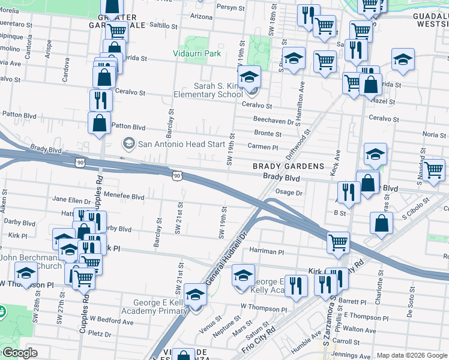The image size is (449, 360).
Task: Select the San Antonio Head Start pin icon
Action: pyautogui.click(x=128, y=143)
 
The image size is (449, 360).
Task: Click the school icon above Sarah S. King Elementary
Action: pyautogui.click(x=249, y=77)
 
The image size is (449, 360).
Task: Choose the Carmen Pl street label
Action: pyautogui.click(x=264, y=147)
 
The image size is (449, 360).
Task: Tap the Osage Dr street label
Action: pyautogui.click(x=288, y=192)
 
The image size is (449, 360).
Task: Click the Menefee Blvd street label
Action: pyautogui.click(x=124, y=196)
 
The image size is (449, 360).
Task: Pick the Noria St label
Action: pyautogui.click(x=434, y=134)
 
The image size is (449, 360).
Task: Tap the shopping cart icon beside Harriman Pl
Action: pyautogui.click(x=339, y=243)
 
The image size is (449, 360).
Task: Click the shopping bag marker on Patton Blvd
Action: pyautogui.click(x=99, y=122)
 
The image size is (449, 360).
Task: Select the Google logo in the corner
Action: pyautogui.click(x=19, y=353)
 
